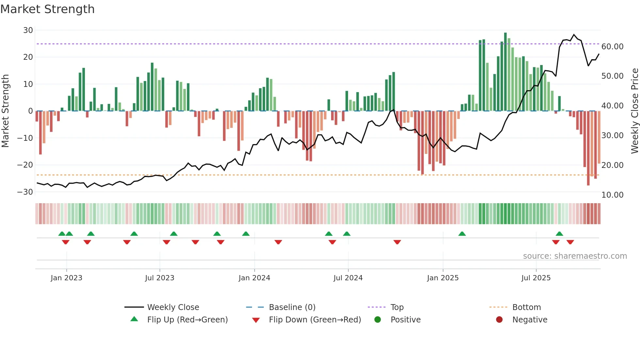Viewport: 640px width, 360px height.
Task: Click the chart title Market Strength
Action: [48, 9]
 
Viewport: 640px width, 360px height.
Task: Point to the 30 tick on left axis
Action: [28, 30]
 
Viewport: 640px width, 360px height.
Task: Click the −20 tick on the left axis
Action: [25, 165]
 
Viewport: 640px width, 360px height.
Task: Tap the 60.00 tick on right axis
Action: [612, 47]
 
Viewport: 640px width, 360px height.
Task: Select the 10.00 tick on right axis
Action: [612, 195]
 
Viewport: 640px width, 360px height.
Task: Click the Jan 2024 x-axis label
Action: [254, 278]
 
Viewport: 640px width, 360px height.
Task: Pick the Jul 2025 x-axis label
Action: [536, 278]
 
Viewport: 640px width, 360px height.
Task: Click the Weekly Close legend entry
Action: [173, 307]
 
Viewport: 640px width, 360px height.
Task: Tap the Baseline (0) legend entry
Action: [292, 307]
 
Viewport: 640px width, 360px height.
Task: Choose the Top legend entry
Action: [397, 307]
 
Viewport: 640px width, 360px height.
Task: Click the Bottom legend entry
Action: [526, 307]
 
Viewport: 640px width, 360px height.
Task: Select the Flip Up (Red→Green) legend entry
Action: [187, 320]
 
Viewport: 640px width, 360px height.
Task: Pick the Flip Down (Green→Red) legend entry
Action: [315, 320]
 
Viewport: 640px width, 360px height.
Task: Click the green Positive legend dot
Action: [378, 320]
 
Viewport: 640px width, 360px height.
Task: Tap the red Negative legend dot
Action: [499, 320]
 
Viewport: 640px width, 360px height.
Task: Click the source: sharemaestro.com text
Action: [575, 256]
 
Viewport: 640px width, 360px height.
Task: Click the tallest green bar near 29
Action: [505, 72]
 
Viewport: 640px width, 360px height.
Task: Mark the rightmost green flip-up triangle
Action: [559, 234]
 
